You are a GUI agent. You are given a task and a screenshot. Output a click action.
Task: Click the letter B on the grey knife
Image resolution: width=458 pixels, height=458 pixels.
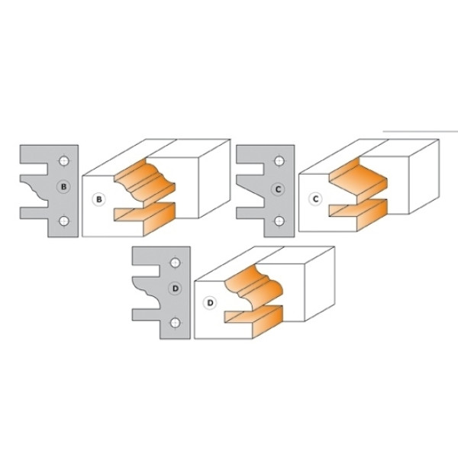pyautogui.click(x=64, y=187)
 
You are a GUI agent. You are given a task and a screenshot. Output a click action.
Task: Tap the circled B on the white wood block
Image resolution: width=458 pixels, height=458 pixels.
pyautogui.click(x=99, y=199)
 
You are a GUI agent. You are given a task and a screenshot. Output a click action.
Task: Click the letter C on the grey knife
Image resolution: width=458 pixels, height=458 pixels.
pyautogui.click(x=278, y=189)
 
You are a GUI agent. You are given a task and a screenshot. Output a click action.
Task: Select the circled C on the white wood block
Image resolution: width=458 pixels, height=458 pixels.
pyautogui.click(x=315, y=199)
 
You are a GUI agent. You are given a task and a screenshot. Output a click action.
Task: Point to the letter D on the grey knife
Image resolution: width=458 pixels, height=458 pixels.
pyautogui.click(x=176, y=289)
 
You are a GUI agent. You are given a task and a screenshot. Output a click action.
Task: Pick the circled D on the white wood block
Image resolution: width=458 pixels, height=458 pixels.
pyautogui.click(x=210, y=303)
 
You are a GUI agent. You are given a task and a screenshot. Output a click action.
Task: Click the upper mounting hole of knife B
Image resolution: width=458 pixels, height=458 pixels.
pyautogui.click(x=64, y=161)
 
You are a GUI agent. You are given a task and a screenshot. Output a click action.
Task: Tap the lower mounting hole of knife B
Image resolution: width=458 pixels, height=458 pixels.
pyautogui.click(x=64, y=221)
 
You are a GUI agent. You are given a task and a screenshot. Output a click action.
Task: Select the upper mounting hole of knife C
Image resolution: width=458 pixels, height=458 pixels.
pyautogui.click(x=279, y=161)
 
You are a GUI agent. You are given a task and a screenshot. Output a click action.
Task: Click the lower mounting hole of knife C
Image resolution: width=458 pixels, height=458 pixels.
pyautogui.click(x=279, y=221)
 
